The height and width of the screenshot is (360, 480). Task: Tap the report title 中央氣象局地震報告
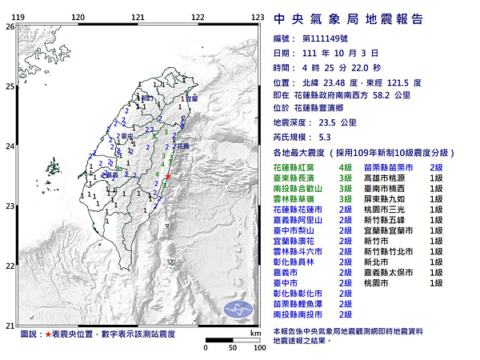(x=348, y=19)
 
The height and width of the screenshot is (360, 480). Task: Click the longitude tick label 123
(x=258, y=17)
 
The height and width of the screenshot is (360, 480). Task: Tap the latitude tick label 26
(x=9, y=26)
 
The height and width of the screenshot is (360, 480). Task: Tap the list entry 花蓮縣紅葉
(x=296, y=167)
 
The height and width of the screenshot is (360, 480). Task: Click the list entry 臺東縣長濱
(x=296, y=178)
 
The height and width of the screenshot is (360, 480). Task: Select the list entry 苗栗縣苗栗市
(x=390, y=167)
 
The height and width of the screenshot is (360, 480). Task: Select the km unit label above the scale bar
(x=255, y=332)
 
